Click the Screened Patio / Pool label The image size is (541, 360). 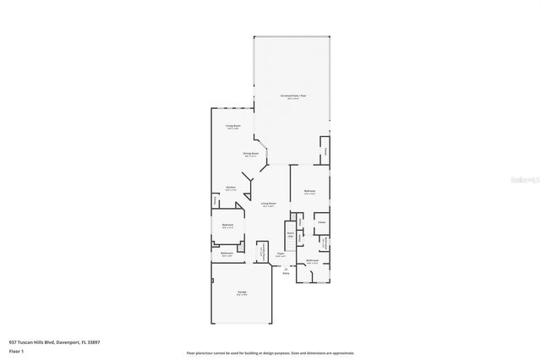coord(293,97)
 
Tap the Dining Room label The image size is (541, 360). coord(251,155)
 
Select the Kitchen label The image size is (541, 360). coord(230,188)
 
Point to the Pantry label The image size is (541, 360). coord(215,201)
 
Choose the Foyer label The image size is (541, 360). coord(281,254)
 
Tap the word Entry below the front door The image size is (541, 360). coord(285,273)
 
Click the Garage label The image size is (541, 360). coord(242,294)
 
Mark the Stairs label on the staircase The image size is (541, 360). coord(290,234)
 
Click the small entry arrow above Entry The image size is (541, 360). coord(285,267)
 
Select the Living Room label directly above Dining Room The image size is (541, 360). coord(232,127)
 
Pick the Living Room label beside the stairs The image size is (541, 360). coord(269,205)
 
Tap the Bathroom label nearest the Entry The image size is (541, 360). coord(312,261)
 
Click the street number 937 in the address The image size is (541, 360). coord(14,342)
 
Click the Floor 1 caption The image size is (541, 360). coord(16,350)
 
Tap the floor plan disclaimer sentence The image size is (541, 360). coord(270,353)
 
